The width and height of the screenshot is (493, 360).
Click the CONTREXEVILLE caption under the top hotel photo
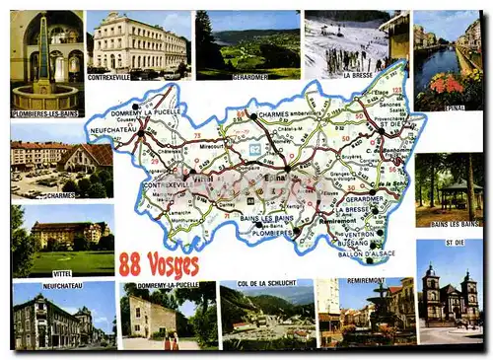(x=108, y=75)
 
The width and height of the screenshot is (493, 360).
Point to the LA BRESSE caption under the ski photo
(x=358, y=75)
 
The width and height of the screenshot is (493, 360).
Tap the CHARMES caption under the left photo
(x=60, y=195)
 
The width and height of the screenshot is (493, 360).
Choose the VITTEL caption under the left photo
(x=62, y=273)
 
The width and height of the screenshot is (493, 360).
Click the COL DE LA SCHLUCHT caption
(x=266, y=284)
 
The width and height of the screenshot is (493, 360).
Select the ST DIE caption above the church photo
(x=454, y=243)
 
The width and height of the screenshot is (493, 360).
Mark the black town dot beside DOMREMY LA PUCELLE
(x=136, y=106)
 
